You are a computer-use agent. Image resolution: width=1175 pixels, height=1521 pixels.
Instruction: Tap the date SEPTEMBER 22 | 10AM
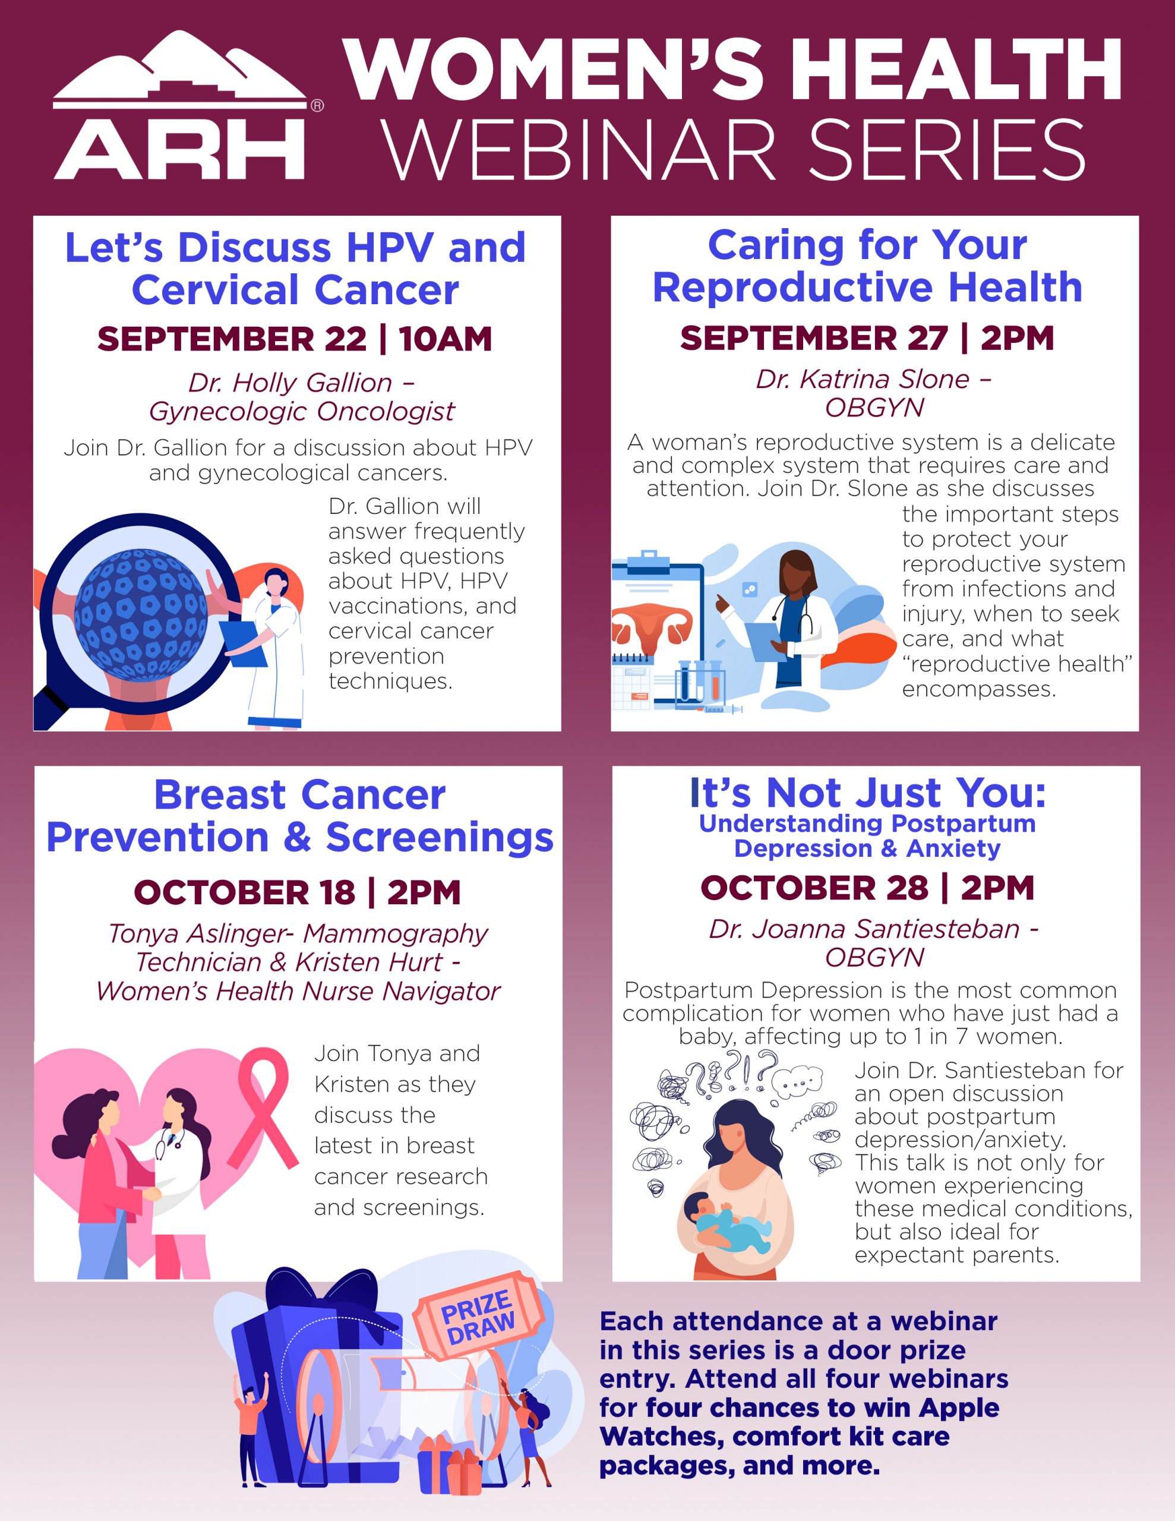click(295, 339)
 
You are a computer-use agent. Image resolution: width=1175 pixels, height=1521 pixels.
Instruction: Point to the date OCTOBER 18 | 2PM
click(298, 892)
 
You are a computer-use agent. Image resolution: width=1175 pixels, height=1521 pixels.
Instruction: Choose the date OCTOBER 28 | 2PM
click(867, 887)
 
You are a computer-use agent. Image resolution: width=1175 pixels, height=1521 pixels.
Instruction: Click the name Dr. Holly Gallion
click(290, 383)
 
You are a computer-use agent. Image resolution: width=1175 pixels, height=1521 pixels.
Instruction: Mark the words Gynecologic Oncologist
click(302, 411)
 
